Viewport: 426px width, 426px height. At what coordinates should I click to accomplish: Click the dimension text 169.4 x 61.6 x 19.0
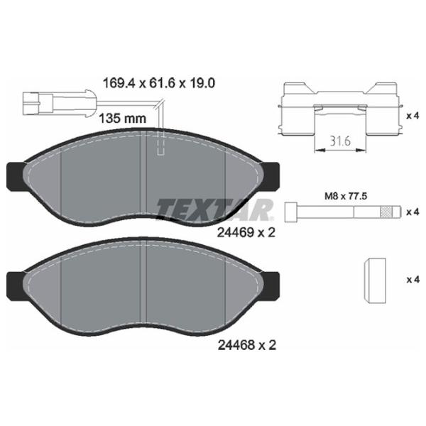coord(159,83)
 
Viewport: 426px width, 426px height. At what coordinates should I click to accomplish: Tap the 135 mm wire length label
coord(122,119)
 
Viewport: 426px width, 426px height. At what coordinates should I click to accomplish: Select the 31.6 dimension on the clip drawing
coord(340,141)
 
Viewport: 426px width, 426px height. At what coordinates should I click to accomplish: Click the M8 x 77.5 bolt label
coord(346,196)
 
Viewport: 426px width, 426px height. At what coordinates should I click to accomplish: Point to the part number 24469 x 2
coord(246,233)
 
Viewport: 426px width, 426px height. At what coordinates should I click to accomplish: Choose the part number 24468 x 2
coord(246,345)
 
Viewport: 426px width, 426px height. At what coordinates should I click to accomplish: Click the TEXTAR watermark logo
coord(214,209)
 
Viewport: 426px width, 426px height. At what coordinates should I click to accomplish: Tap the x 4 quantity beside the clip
coord(413,116)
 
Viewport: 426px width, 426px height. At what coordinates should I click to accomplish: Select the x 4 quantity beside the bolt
coord(413,212)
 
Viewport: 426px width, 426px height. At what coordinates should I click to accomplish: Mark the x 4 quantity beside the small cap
coord(413,279)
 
